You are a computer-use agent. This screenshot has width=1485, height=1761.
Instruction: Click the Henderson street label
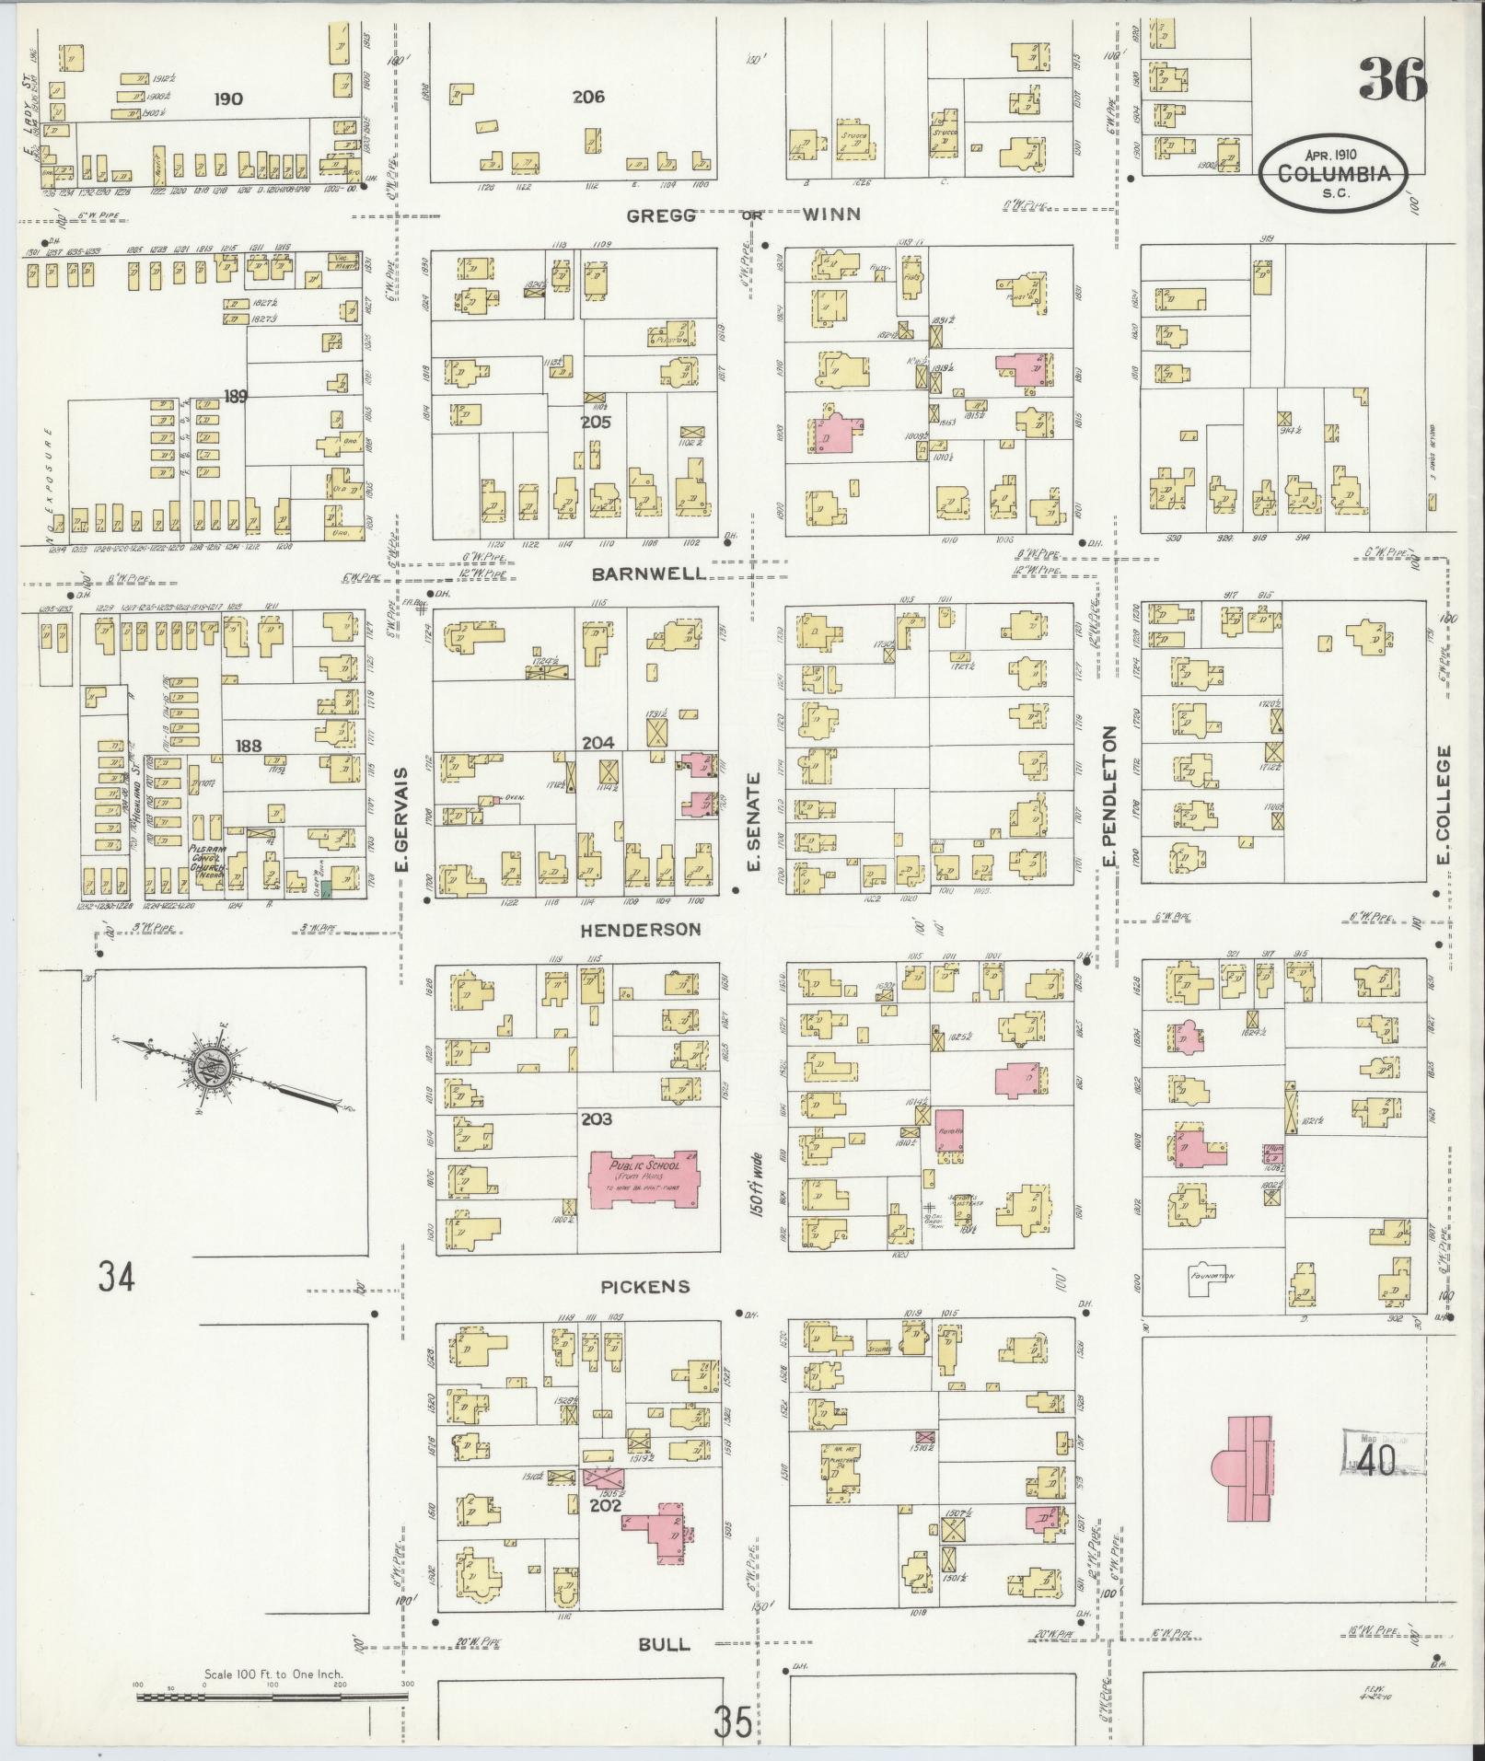coord(640,930)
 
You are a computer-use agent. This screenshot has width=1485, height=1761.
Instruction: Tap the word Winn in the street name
coord(830,214)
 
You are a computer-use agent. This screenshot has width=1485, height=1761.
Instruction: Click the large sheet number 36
coord(1393,79)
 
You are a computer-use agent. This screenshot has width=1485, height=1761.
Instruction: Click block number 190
coord(227,98)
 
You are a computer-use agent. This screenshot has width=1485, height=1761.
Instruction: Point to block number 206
coord(586,96)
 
